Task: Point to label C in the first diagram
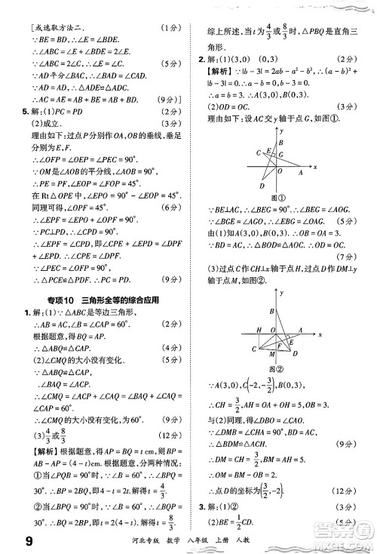pyautogui.click(x=256, y=152)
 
